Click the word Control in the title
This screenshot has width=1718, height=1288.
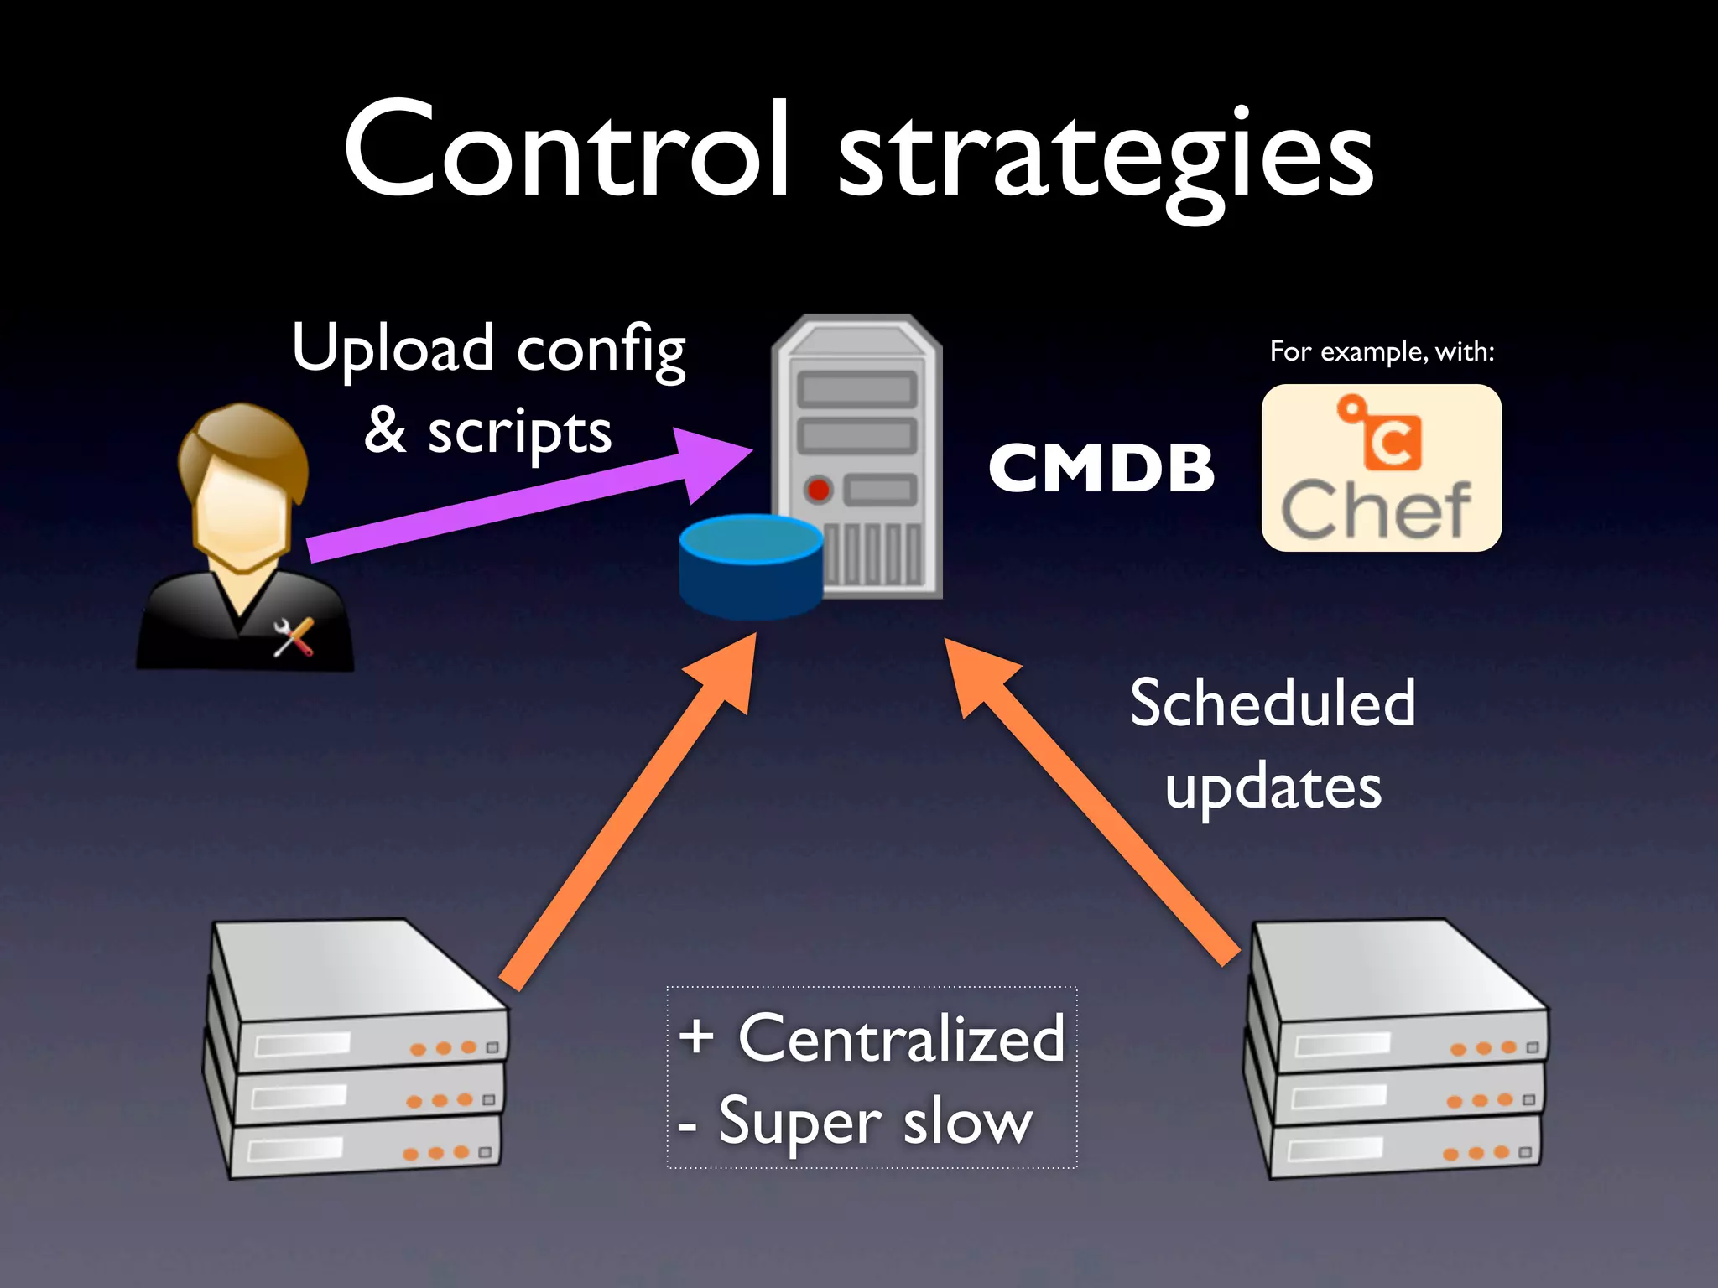[x=566, y=151]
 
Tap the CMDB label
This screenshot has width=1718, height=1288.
[x=1101, y=468]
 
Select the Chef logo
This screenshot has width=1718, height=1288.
[x=1381, y=468]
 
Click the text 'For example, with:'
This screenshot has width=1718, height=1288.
[x=1382, y=351]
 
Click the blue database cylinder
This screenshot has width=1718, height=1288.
[x=751, y=566]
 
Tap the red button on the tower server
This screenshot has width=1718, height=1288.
[x=818, y=489]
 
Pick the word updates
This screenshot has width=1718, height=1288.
[x=1273, y=788]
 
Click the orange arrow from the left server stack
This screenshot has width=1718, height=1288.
[x=629, y=813]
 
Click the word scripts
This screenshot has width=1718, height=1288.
[x=519, y=434]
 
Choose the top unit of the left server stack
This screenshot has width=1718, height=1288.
[x=361, y=998]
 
